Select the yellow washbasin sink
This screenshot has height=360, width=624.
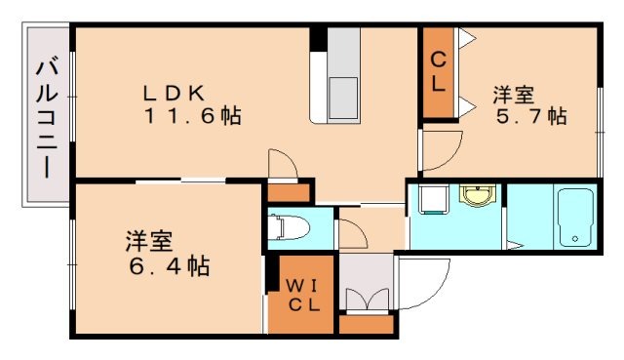coord(477,198)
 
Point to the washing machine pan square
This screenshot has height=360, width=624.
coord(430,201)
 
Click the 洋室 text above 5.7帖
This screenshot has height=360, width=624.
coord(513,95)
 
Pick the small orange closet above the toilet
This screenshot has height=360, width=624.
coord(289,192)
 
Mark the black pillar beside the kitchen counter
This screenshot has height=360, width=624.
coord(317,38)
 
